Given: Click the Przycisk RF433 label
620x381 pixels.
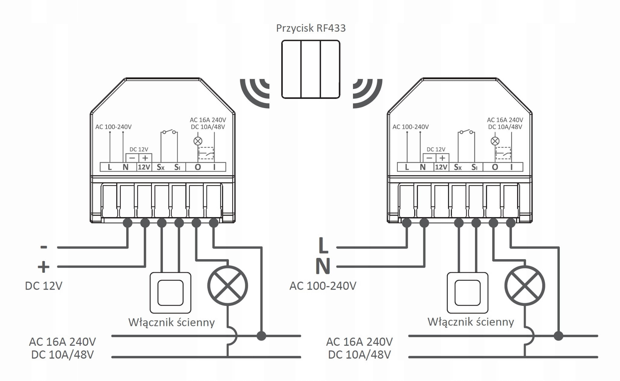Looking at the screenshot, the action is click(x=311, y=28).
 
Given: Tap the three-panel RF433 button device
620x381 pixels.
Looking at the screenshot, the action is click(x=311, y=69).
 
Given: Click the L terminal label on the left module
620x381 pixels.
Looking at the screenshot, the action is click(x=110, y=167).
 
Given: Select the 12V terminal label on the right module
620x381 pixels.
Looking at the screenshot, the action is click(x=441, y=167).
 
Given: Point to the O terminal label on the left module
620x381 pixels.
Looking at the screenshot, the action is click(x=198, y=167).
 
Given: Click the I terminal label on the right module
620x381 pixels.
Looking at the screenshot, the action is click(x=512, y=167).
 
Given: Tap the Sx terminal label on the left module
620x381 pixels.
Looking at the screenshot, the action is click(x=160, y=167).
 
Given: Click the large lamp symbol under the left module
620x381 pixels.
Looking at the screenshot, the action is click(x=228, y=286).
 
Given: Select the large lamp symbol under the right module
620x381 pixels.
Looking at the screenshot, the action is click(x=525, y=286).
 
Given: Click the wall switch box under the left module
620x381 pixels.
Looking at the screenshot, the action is click(x=170, y=293).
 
